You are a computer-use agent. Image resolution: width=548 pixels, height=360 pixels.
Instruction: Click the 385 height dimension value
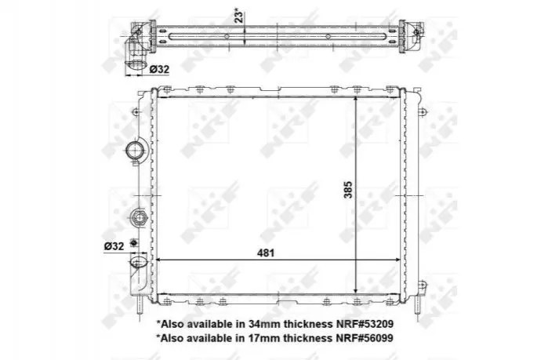pos(348,190)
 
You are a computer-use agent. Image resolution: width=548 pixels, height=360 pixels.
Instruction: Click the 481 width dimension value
pos(266,253)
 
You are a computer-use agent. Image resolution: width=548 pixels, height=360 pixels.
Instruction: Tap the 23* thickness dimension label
pos(239,16)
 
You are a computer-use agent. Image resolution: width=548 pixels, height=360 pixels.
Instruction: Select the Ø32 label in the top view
pos(159,69)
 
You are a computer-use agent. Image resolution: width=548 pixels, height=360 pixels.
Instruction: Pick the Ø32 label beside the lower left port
pos(114,246)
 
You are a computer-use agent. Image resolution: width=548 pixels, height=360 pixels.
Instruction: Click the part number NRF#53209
pos(365,324)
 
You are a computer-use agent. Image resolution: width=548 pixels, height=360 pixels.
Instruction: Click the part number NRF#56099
pos(365,338)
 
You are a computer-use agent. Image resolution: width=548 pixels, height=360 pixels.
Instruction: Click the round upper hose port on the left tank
pos(135,151)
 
